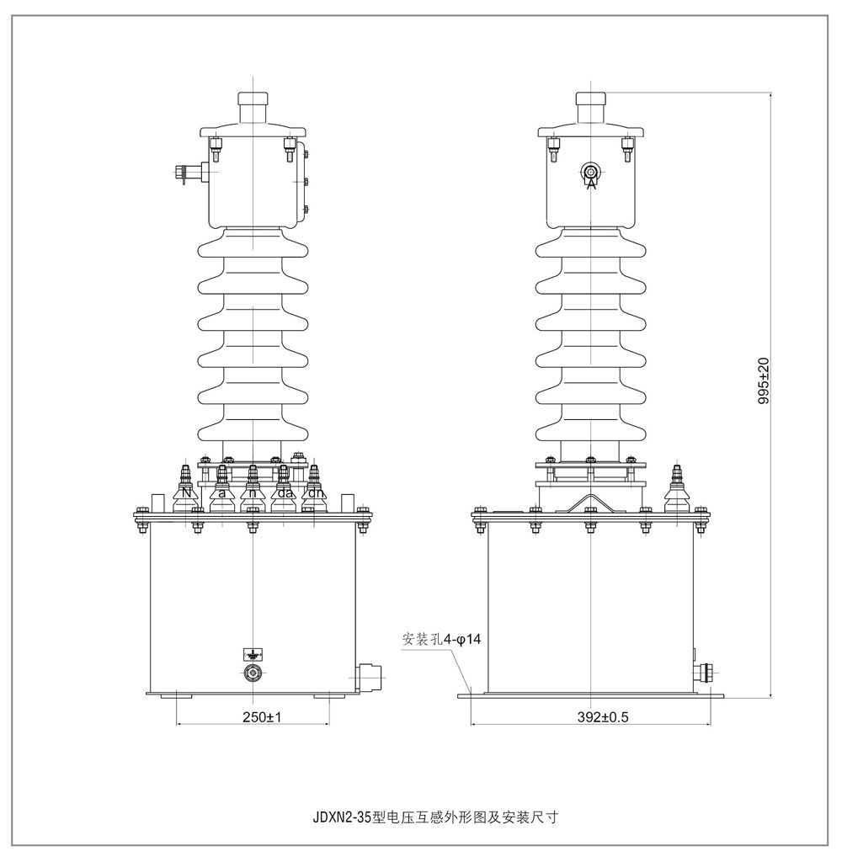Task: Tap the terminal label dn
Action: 316,494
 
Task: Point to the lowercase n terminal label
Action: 253,494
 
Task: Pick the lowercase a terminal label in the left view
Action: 221,494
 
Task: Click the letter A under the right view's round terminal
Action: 591,184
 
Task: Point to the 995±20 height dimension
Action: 765,382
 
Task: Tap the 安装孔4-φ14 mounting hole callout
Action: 441,640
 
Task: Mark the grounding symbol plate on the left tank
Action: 253,653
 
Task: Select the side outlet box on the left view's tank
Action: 369,675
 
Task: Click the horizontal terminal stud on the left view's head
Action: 189,174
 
